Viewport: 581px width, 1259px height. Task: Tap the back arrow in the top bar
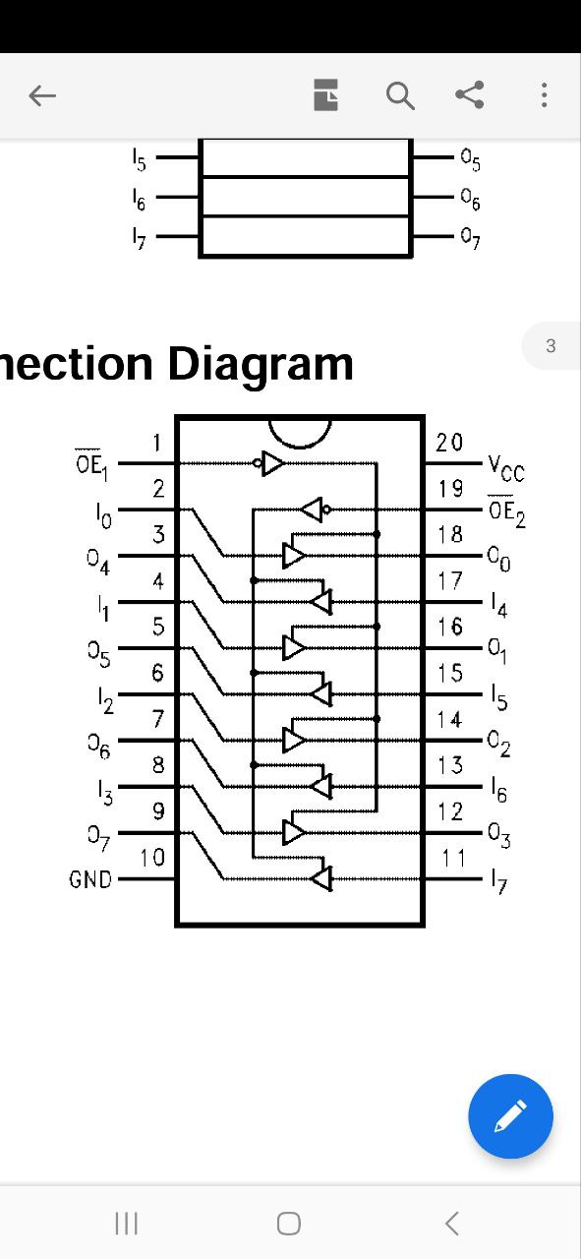tap(42, 95)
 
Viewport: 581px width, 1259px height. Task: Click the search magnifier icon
tap(400, 95)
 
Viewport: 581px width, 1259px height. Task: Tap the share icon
tap(470, 94)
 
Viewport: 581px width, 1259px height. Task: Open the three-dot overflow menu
tap(544, 94)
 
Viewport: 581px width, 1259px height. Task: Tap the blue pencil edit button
tap(511, 1115)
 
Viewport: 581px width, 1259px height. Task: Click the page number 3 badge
tap(551, 345)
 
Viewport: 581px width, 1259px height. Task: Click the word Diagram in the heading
tap(261, 364)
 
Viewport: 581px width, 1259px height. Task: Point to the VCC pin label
tap(506, 469)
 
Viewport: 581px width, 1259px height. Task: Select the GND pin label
tap(90, 879)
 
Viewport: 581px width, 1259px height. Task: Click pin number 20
tap(449, 443)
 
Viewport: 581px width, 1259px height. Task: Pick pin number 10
tap(152, 858)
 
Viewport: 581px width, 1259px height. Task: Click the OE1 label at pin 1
tap(91, 465)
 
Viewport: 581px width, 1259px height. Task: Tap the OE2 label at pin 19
tap(506, 512)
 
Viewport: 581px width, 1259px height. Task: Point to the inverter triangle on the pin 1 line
tap(272, 463)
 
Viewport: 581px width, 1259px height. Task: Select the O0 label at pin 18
tap(499, 559)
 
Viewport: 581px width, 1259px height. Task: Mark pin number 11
tap(453, 859)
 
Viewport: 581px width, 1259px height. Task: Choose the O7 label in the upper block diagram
tap(470, 238)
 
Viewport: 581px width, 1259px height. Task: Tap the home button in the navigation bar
tap(289, 1223)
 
